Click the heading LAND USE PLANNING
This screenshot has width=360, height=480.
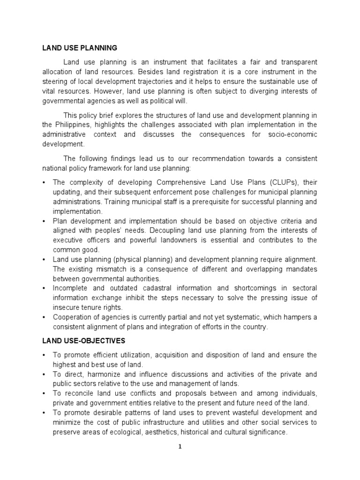(79, 48)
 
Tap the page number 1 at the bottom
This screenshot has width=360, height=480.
(180, 447)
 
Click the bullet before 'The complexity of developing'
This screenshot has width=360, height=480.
(44, 182)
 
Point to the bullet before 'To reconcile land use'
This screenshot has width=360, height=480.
(44, 393)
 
